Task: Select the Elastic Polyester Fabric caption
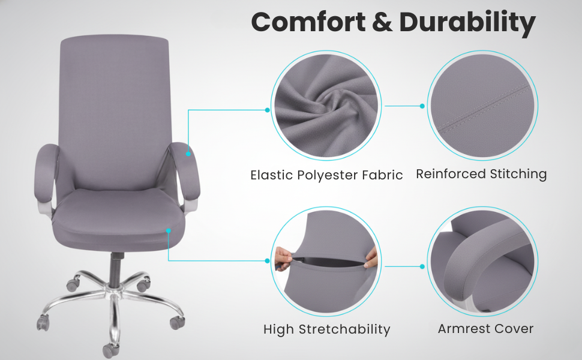[326, 175]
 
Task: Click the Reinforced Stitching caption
[481, 174]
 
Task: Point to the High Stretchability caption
[326, 329]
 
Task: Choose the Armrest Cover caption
[485, 328]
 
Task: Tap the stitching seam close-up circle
[482, 106]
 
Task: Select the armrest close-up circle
[482, 261]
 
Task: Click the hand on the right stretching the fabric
[371, 257]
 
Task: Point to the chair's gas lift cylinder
[115, 267]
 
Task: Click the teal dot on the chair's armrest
[188, 154]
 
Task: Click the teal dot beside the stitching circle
[422, 106]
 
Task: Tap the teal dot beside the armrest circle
[422, 266]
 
